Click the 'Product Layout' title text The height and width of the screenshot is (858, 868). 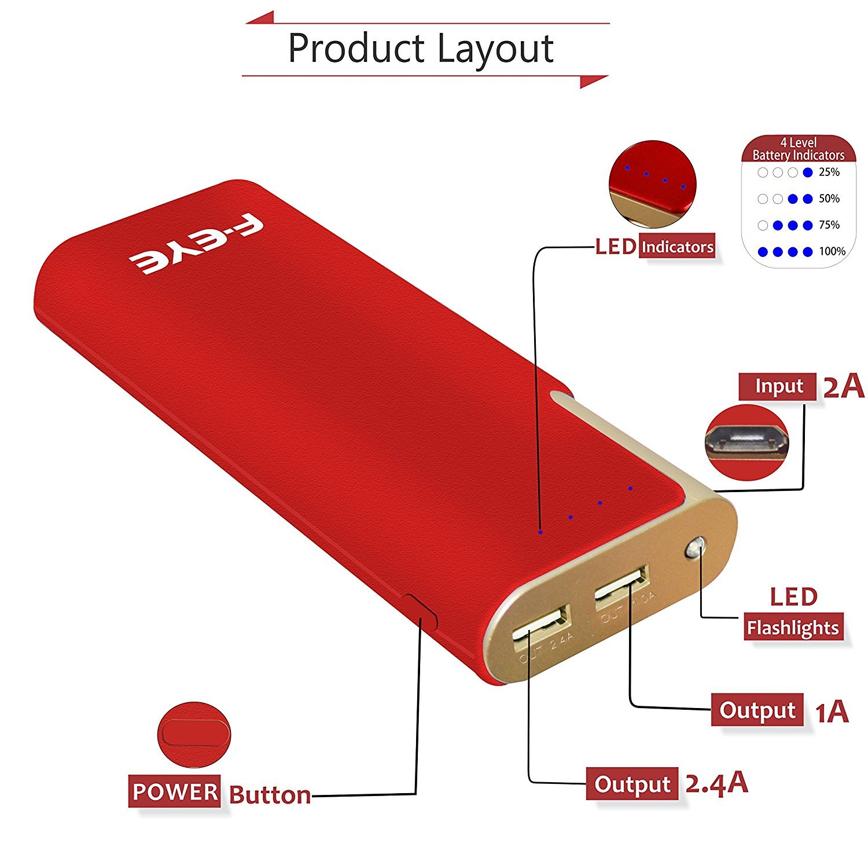tap(421, 49)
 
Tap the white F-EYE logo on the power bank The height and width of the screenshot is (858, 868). tap(196, 245)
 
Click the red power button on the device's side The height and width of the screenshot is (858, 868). tap(421, 612)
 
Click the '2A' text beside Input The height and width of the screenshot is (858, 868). tap(843, 387)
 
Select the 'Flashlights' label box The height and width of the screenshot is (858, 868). tap(792, 628)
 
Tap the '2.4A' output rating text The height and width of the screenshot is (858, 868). tap(716, 784)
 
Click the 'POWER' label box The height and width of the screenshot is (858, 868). tap(174, 791)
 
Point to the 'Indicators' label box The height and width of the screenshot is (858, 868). tap(677, 247)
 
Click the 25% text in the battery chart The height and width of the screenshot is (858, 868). tap(829, 172)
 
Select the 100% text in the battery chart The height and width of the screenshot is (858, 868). tap(832, 251)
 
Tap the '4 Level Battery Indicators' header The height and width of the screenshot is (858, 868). tap(798, 149)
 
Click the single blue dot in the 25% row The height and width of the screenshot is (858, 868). tap(808, 172)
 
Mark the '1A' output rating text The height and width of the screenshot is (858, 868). tap(832, 712)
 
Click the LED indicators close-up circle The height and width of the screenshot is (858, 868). tap(652, 184)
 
